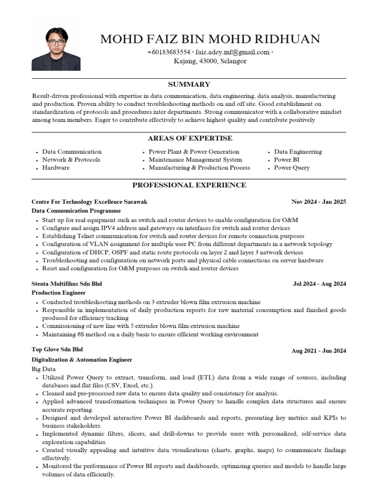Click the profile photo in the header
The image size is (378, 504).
(x=56, y=49)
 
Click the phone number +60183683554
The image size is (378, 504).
(x=168, y=52)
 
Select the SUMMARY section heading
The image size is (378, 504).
(x=189, y=85)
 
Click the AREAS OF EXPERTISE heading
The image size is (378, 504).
(x=189, y=138)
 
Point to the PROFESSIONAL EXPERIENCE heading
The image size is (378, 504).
(x=189, y=185)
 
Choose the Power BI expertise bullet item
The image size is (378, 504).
(x=286, y=159)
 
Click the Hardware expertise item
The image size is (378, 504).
(x=56, y=167)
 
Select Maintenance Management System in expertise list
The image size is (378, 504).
(x=195, y=159)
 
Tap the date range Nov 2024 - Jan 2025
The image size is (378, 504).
(x=318, y=202)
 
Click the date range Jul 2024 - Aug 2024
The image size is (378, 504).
(x=319, y=284)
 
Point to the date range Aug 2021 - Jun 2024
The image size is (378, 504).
(x=319, y=351)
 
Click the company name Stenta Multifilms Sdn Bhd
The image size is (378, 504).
(x=67, y=284)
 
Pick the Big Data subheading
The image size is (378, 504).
(x=44, y=369)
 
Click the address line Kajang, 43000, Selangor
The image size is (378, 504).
(x=210, y=62)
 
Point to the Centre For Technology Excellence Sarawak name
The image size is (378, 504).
(x=89, y=202)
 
